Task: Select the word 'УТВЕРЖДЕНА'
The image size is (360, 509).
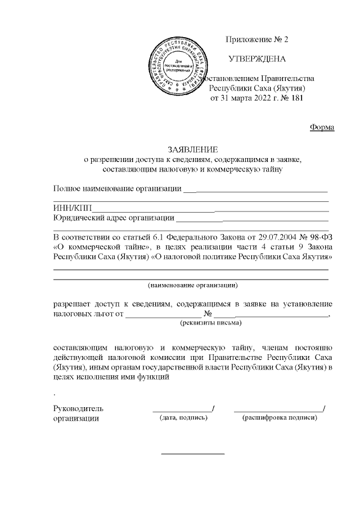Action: point(256,59)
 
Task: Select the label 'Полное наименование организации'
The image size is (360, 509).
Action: point(117,188)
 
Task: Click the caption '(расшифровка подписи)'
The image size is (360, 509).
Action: point(279,418)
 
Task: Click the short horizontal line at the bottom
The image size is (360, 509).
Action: point(193,453)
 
